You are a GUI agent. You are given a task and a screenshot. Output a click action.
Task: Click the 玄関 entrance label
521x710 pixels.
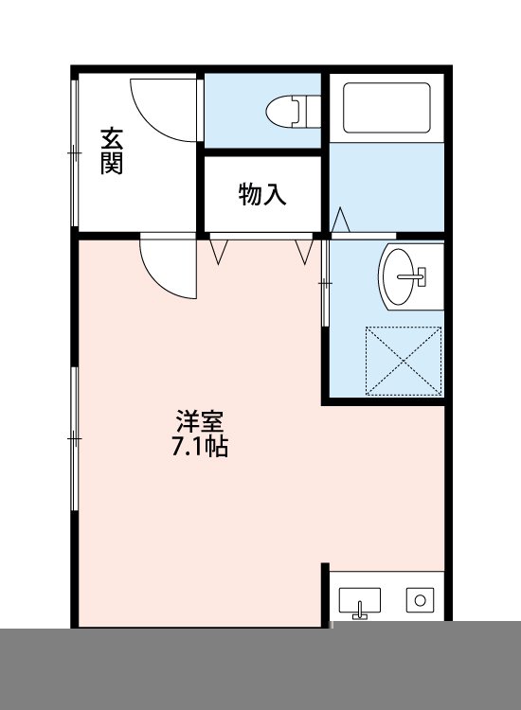[x=112, y=151]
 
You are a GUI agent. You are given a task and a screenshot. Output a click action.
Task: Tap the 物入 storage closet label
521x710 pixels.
[x=262, y=195]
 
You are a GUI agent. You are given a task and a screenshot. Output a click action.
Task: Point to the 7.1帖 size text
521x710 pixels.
[x=199, y=447]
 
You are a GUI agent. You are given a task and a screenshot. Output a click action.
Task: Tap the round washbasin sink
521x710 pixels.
[x=408, y=275]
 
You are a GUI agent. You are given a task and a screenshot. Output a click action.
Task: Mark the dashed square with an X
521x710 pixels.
[x=404, y=361]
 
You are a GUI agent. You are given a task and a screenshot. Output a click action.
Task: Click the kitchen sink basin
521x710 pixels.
[x=360, y=600]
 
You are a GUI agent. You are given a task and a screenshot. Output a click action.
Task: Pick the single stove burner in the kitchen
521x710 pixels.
[x=418, y=599]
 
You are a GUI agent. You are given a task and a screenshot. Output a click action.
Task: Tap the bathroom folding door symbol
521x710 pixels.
[x=342, y=220]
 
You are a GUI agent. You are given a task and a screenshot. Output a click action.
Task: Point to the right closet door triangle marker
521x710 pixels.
[x=305, y=252]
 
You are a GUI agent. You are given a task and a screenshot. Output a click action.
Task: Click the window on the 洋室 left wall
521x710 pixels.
[x=74, y=438]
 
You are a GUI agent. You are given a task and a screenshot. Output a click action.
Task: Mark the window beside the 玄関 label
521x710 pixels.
[x=74, y=151]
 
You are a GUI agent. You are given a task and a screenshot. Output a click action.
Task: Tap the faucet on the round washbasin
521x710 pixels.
[x=415, y=276]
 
